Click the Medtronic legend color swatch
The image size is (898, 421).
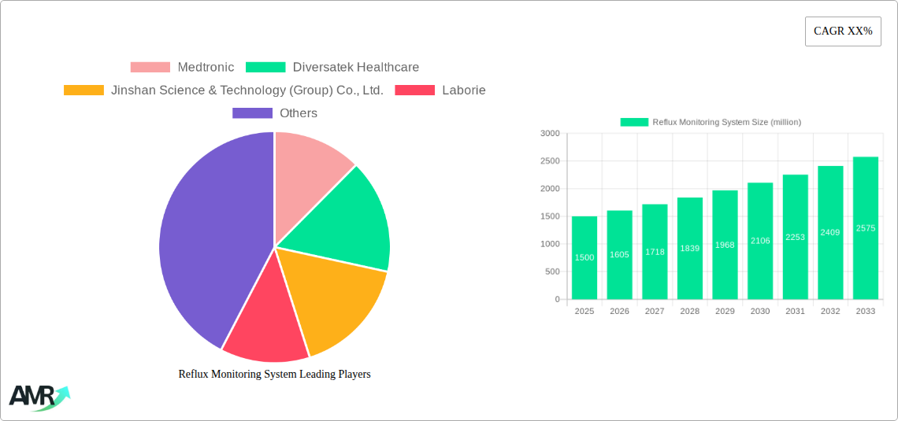[x=150, y=68]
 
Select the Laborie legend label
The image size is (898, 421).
[x=463, y=90]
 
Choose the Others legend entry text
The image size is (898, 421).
[x=298, y=113]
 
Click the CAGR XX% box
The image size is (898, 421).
[x=843, y=31]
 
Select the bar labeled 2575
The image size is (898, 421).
[x=865, y=227]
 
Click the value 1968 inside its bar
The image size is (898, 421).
[x=725, y=245]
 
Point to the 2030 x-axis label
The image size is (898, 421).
[x=760, y=312]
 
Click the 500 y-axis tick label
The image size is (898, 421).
[x=552, y=272]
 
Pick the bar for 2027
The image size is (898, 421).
[x=655, y=252]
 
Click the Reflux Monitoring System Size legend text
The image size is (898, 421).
[x=726, y=122]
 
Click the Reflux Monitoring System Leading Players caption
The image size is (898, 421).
[x=274, y=375]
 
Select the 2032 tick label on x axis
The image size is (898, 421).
[x=830, y=312]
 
